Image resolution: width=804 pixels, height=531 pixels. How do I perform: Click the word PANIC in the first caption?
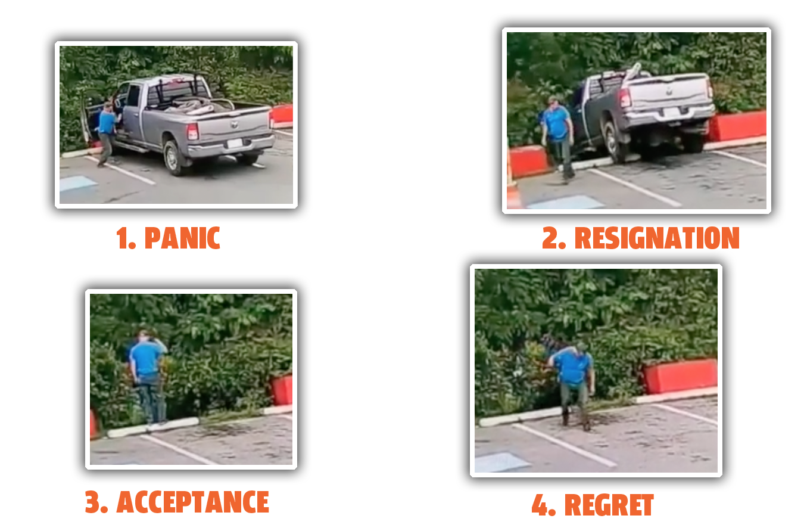pos(182,238)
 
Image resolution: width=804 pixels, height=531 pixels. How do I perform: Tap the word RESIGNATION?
pos(657,238)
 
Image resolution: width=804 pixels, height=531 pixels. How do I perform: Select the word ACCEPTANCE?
pos(193,502)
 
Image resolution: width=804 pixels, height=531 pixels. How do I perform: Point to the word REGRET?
pos(609,505)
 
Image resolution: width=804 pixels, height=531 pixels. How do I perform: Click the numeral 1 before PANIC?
pos(122,238)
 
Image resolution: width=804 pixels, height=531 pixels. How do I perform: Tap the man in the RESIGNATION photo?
pos(557,138)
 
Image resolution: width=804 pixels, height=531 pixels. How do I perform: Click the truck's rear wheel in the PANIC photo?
pos(173,157)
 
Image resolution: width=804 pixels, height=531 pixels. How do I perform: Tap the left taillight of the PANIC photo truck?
pos(193,132)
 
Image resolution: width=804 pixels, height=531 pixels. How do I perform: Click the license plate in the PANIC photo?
pos(235,144)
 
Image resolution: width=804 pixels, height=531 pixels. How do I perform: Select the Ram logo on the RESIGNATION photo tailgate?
pos(670,91)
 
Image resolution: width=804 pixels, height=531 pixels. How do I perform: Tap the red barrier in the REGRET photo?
pos(681,376)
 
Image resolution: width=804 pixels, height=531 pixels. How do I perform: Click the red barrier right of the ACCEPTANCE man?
pos(282,390)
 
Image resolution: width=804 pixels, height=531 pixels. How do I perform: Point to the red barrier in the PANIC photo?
pos(282,114)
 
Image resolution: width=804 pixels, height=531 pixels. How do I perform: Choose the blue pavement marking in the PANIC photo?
pos(77,183)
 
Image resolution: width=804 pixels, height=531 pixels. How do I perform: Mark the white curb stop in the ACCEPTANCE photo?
pos(153,427)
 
